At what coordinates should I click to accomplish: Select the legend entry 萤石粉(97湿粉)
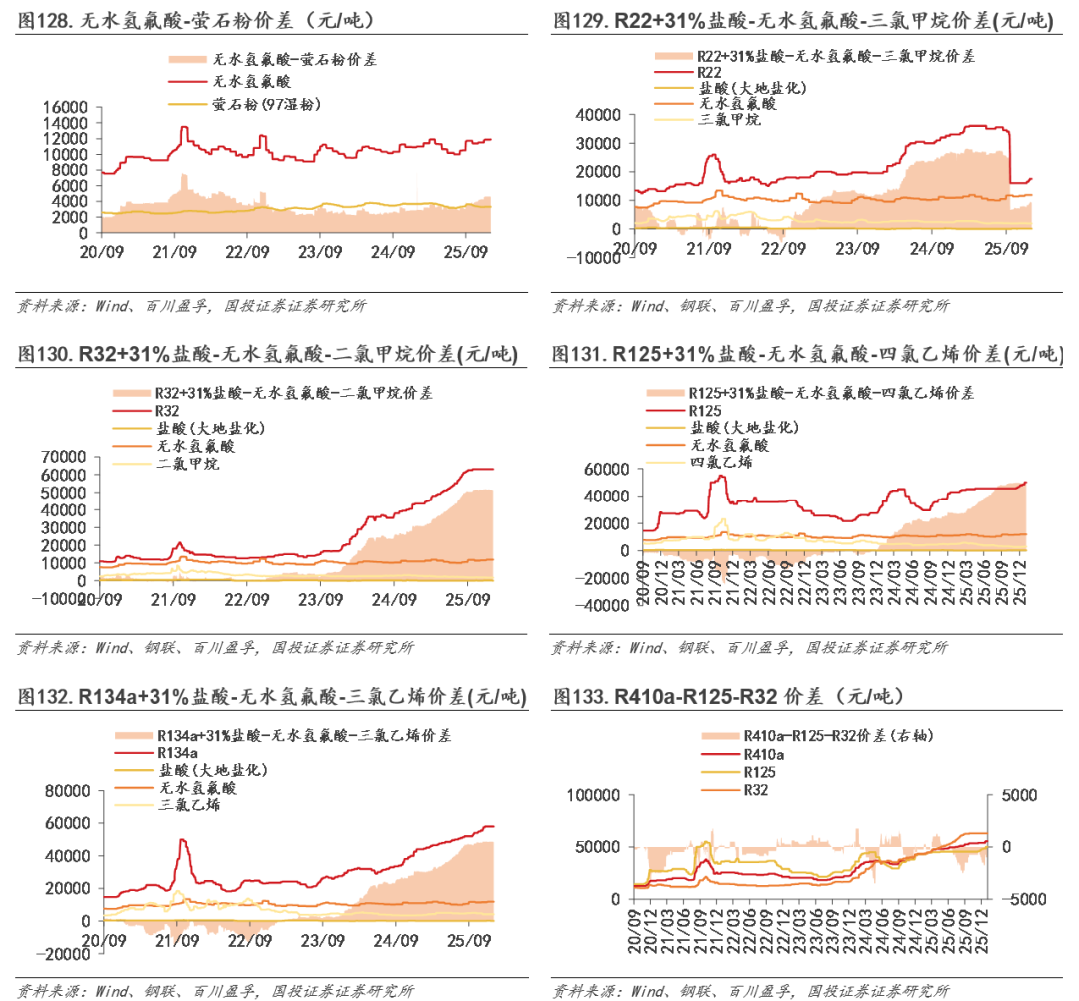265,104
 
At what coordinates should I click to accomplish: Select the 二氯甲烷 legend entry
187,464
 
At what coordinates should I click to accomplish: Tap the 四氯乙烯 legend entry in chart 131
721,462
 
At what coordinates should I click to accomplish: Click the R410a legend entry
764,754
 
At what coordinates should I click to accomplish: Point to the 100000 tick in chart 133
597,795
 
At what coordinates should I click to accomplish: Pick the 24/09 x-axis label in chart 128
393,252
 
